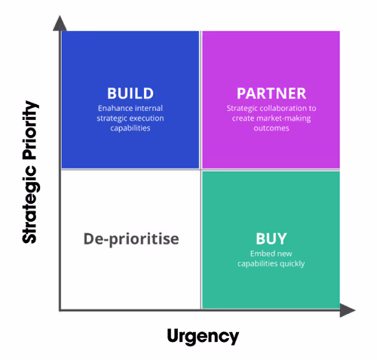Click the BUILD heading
tap(130, 94)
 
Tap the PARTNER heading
tap(271, 94)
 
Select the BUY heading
tap(271, 238)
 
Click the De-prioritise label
tap(131, 238)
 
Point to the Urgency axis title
tap(203, 336)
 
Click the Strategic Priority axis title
tap(30, 172)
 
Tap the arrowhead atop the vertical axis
tap(60, 23)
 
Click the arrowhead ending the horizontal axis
tap(348, 310)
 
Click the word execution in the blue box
tap(149, 118)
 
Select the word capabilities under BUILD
tap(130, 128)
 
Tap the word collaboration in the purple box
tap(283, 108)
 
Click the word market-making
tap(284, 118)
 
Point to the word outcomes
tap(271, 128)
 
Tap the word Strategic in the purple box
tap(242, 109)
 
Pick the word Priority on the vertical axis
tap(30, 131)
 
